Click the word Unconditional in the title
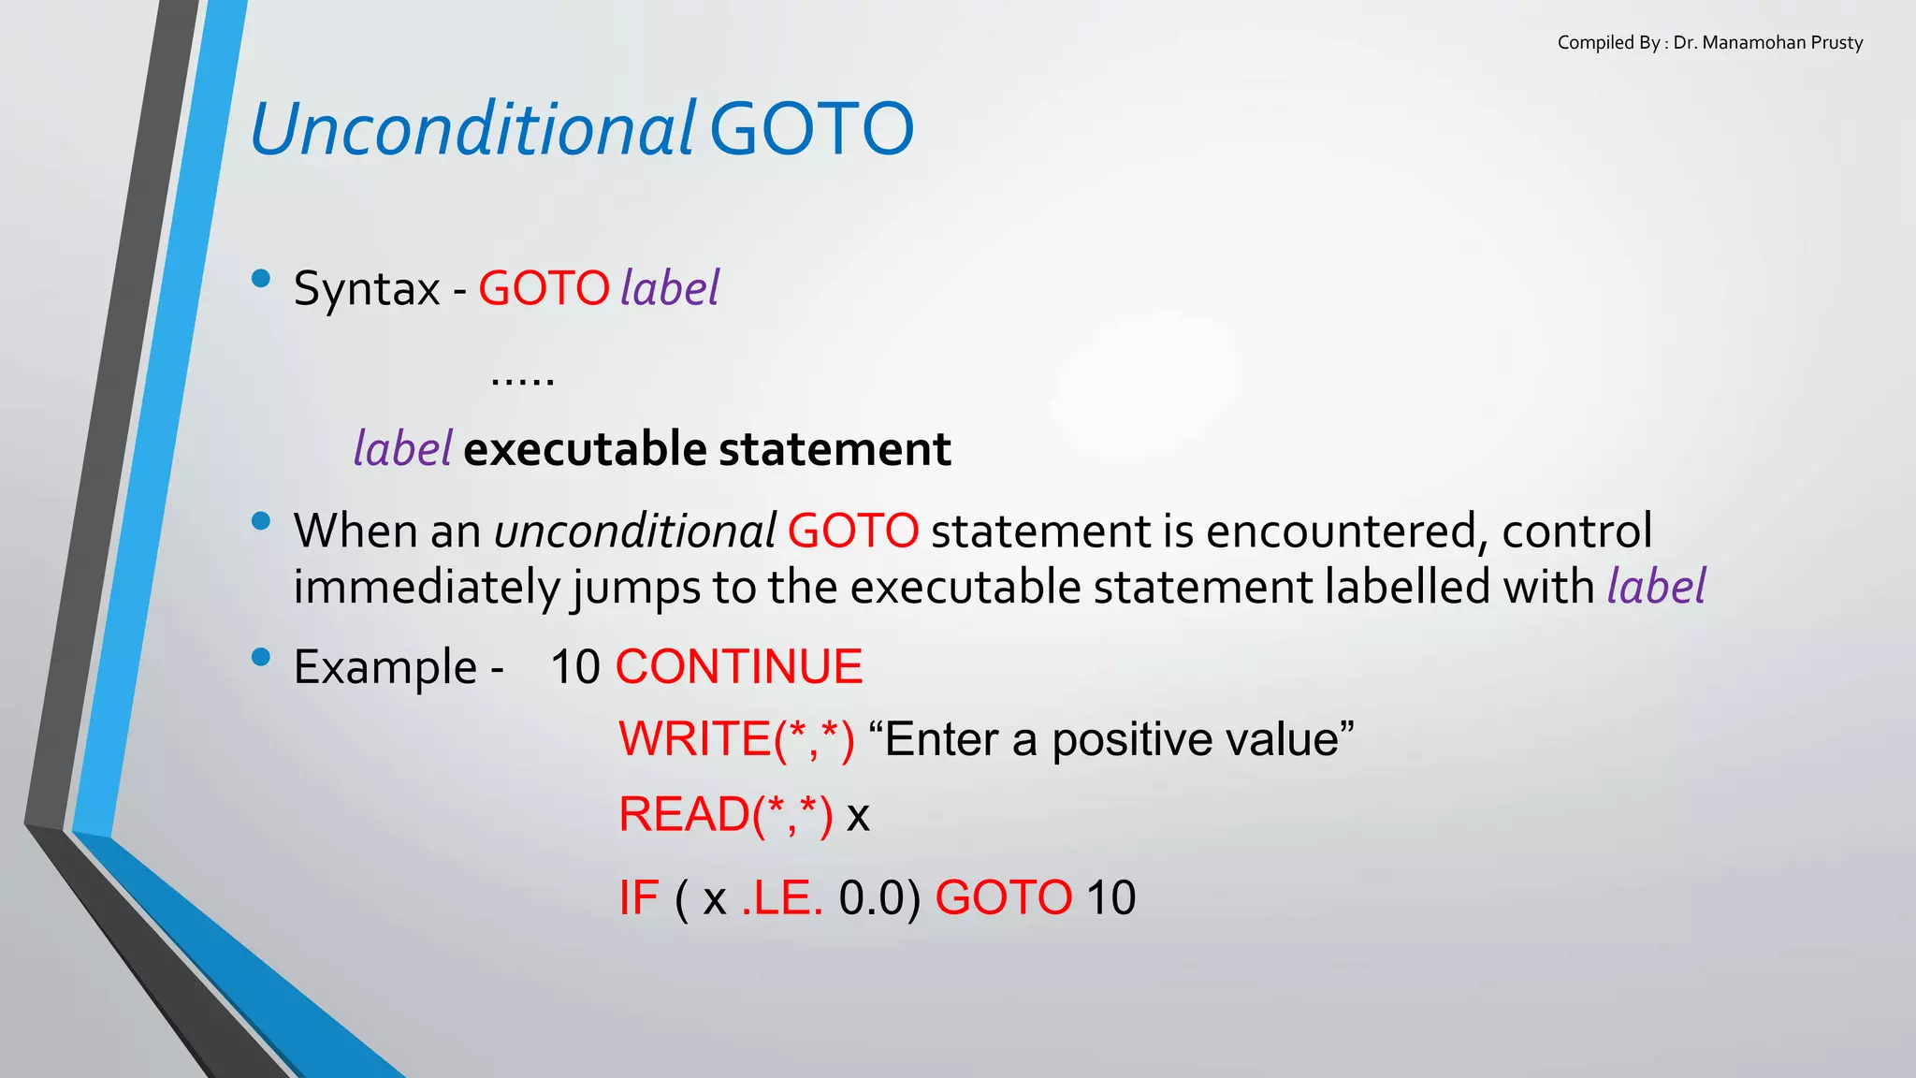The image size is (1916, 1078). pos(472,129)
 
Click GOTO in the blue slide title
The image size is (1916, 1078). pos(811,129)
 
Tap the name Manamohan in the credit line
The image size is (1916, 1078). pos(1746,43)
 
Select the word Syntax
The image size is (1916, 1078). pos(366,288)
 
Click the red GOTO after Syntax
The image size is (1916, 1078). pos(544,288)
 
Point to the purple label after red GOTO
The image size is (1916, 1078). pos(670,288)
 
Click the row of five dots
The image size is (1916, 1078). pos(522,380)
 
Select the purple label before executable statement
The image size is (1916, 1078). pos(402,449)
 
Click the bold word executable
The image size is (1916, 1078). pos(586,449)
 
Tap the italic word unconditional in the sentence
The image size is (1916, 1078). pos(634,532)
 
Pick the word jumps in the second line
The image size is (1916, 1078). pos(635,588)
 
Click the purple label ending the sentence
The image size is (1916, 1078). pos(1656,588)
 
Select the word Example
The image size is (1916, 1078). pos(385,668)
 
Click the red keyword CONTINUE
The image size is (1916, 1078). pos(738,668)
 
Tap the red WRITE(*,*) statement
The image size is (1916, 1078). pos(736,739)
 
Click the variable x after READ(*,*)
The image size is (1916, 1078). pos(857,816)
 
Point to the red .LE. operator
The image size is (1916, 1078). pos(782,898)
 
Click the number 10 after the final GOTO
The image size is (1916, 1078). pos(1110,898)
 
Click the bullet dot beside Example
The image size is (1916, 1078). pos(261,657)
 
